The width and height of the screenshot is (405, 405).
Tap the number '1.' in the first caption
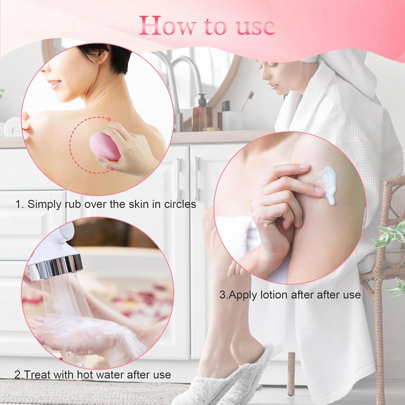click(x=20, y=204)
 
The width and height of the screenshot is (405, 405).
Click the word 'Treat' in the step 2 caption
click(x=36, y=375)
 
